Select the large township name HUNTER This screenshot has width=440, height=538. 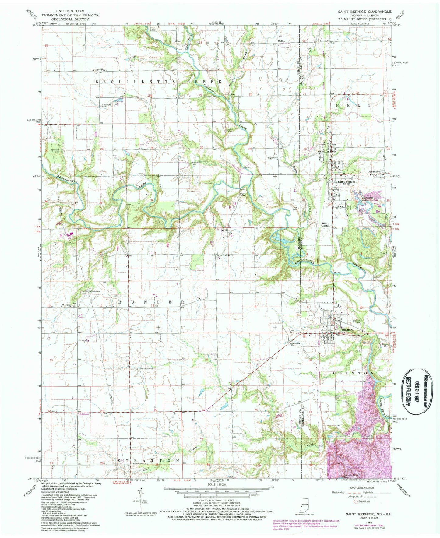[x=150, y=302]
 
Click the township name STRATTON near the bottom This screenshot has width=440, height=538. [x=148, y=461]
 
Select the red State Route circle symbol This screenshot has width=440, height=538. [x=355, y=501]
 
